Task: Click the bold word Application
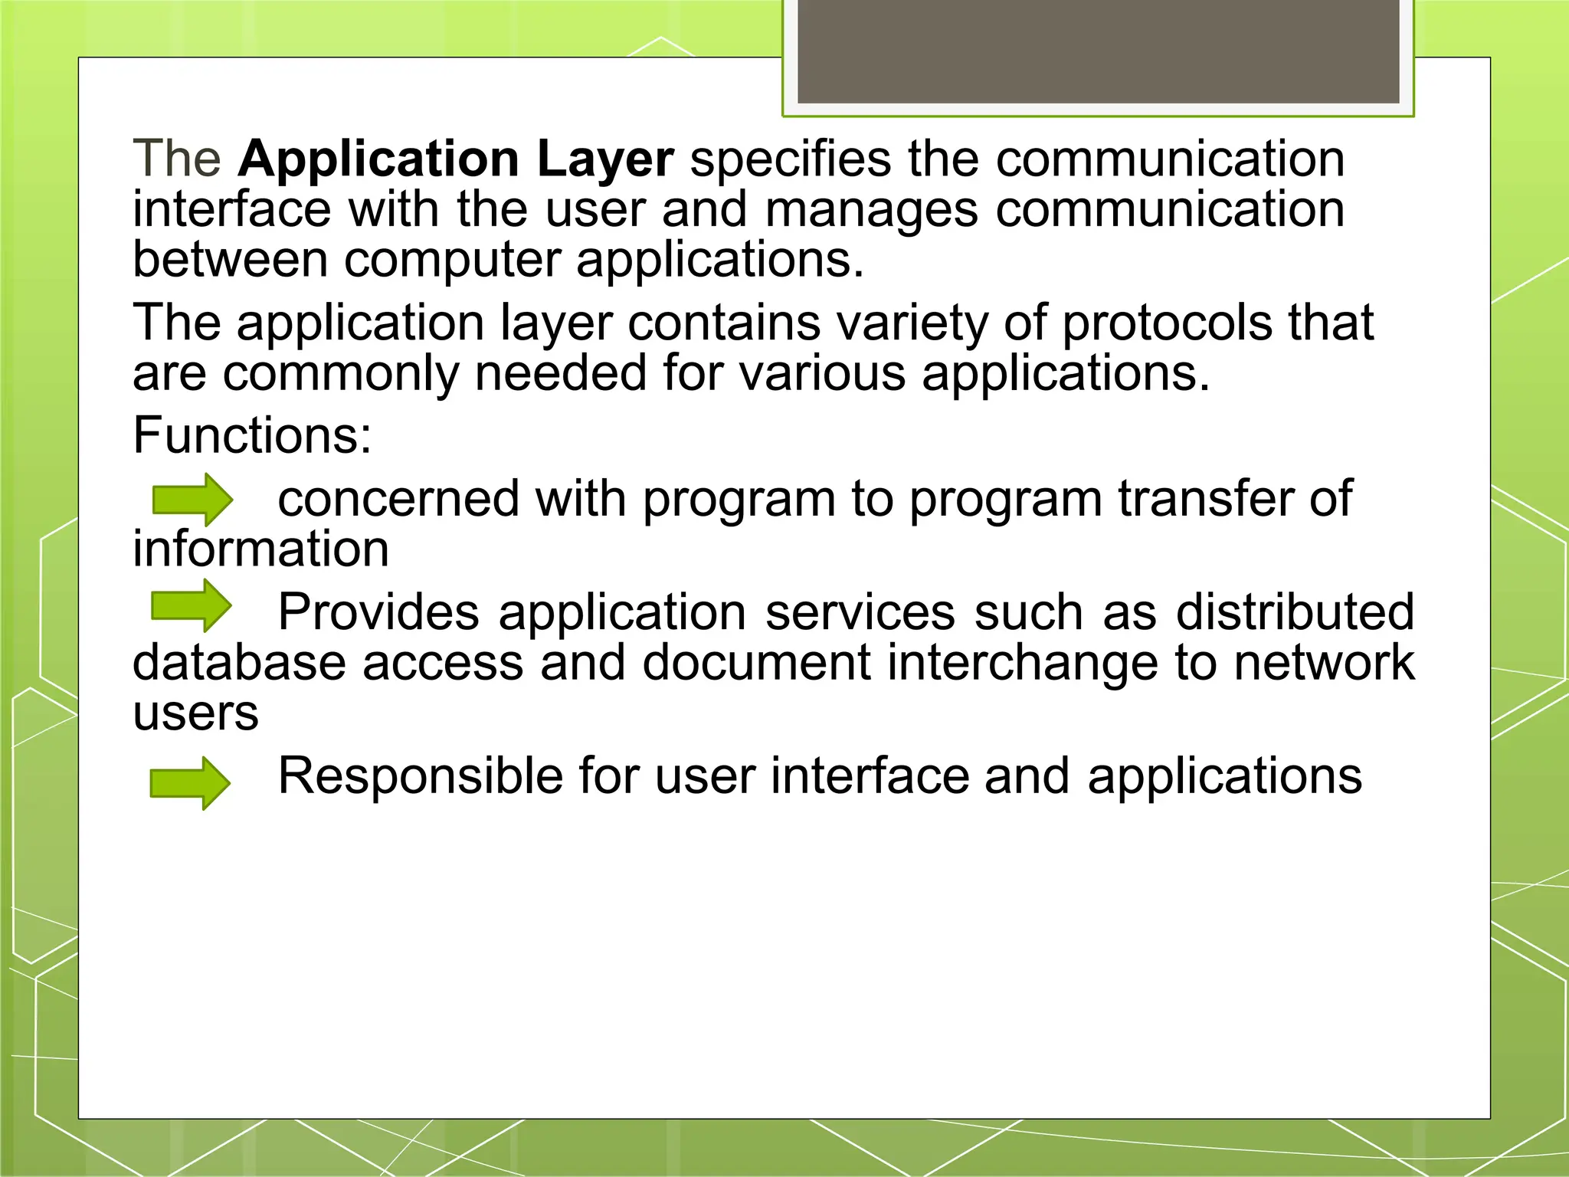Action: [379, 160]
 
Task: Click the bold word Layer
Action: [604, 160]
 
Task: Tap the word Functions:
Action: [252, 435]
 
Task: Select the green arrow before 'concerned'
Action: [192, 500]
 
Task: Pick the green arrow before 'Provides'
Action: [192, 605]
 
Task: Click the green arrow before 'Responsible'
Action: [190, 782]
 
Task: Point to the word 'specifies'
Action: [790, 160]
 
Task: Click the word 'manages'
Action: [872, 210]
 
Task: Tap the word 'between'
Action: [231, 259]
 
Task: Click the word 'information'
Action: [260, 549]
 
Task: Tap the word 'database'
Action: [239, 662]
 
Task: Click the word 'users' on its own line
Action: [195, 714]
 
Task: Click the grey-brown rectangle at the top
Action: [1098, 51]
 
